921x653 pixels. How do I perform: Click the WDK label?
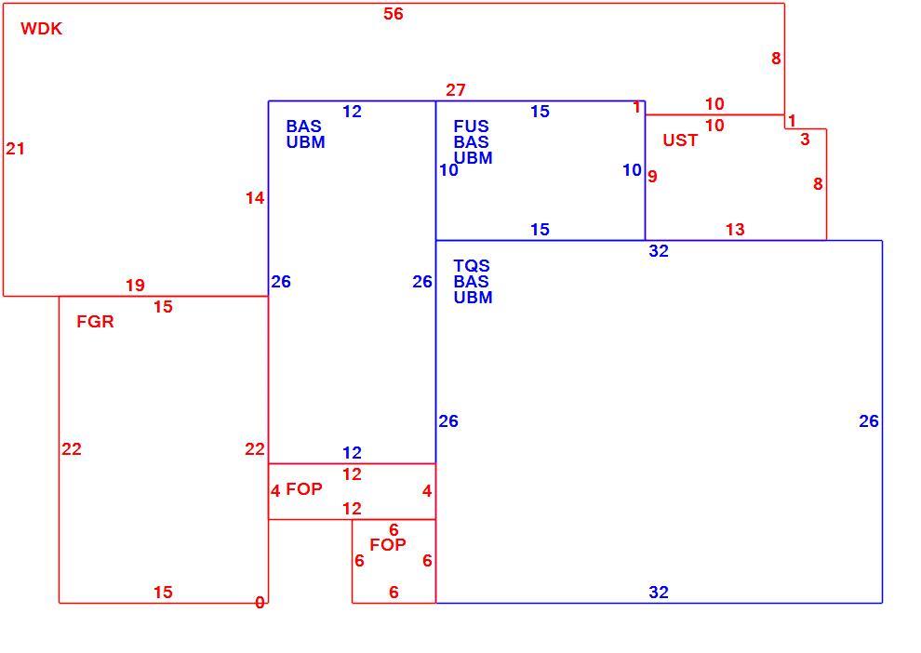coord(41,29)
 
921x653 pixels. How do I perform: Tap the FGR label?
coord(95,322)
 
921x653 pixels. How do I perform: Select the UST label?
coord(680,140)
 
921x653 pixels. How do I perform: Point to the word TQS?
coord(472,266)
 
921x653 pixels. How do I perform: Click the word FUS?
coord(471,127)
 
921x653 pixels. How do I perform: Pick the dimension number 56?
coord(394,14)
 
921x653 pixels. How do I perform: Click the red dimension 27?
coord(456,90)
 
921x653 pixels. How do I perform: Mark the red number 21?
coord(15,149)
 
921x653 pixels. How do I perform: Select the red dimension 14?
coord(255,198)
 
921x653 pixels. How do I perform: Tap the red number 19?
coord(135,286)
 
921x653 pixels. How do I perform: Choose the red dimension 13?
coord(735,230)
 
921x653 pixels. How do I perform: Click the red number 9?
coord(652,176)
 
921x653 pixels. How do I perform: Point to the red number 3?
coord(806,140)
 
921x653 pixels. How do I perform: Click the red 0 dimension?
coord(260,603)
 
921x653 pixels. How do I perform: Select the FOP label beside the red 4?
coord(304,489)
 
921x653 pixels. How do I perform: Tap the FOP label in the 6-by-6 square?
coord(388,545)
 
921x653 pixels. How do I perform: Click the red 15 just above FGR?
coord(164,307)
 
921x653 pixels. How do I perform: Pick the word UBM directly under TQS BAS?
coord(473,298)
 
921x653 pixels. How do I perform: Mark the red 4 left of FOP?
coord(275,490)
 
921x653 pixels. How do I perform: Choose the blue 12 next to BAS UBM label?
coord(352,112)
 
